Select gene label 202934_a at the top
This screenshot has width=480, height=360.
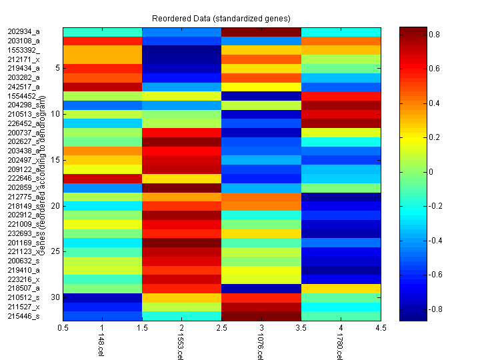click(23, 31)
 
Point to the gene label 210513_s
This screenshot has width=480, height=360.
click(23, 114)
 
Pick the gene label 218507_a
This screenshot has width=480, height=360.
click(23, 288)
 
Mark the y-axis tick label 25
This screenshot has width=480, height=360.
click(55, 251)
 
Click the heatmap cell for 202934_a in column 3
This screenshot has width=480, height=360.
click(261, 31)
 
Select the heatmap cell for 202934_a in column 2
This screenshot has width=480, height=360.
click(181, 31)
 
